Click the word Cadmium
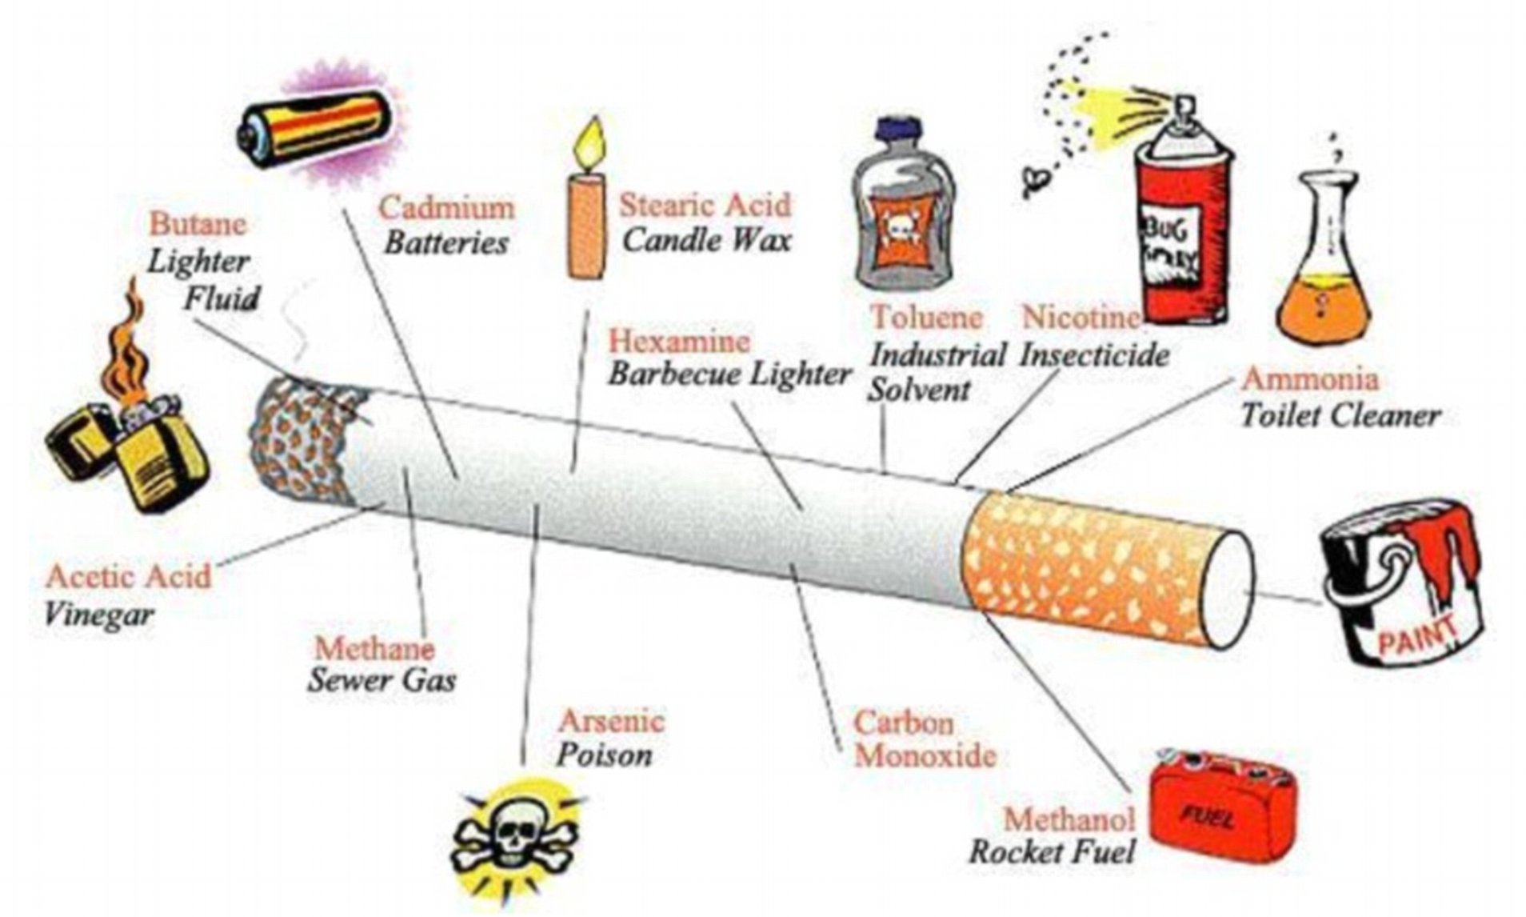[x=446, y=208]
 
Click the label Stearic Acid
[x=705, y=205]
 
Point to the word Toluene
[x=926, y=317]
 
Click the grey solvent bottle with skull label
[x=903, y=204]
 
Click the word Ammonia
[x=1309, y=378]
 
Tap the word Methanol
[x=1069, y=819]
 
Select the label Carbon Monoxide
[x=925, y=739]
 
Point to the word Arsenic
[x=611, y=721]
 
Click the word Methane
[x=374, y=647]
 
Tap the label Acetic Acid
[x=129, y=576]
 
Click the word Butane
[x=198, y=223]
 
